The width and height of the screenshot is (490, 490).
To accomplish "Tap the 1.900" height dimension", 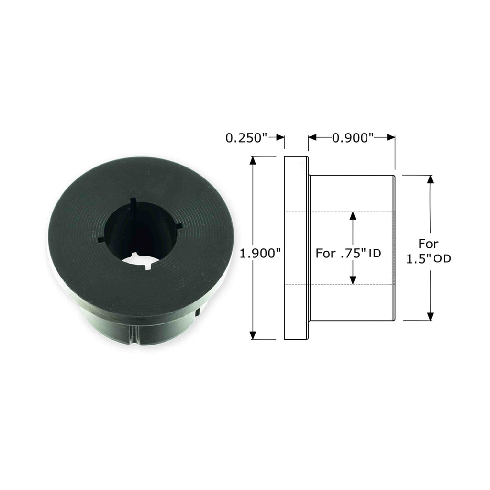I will pyautogui.click(x=260, y=254).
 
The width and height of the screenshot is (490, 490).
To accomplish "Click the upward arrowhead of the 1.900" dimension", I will pyautogui.click(x=254, y=161).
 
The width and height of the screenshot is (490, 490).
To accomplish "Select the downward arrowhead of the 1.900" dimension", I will pyautogui.click(x=254, y=334).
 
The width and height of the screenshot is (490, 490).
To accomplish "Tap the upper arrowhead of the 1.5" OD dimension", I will pyautogui.click(x=430, y=180).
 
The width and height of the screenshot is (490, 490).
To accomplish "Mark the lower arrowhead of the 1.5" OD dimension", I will pyautogui.click(x=430, y=316).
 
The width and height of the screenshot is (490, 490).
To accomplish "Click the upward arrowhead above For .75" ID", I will pyautogui.click(x=353, y=216).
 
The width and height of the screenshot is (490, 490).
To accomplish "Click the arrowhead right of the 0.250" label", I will pyautogui.click(x=281, y=138).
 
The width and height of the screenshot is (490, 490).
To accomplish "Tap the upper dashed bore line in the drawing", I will pyautogui.click(x=340, y=212).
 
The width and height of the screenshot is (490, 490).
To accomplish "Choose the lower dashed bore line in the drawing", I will pyautogui.click(x=340, y=284).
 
